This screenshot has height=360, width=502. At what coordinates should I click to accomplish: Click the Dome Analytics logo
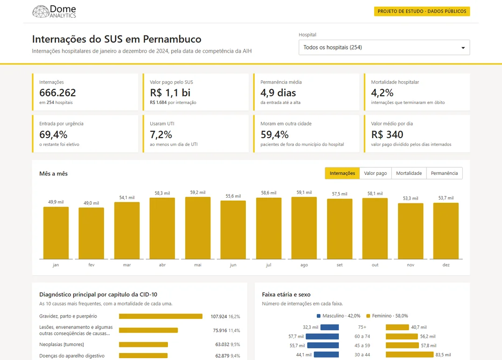point(54,12)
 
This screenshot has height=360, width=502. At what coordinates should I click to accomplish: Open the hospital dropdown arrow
point(463,48)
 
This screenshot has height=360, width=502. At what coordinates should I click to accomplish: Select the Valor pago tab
point(375,173)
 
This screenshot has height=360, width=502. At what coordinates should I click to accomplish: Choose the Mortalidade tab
point(409,173)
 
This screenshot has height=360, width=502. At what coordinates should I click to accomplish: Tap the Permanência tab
point(444,173)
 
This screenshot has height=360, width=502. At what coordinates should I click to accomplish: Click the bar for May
point(198,228)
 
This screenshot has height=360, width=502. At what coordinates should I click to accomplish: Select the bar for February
point(91,233)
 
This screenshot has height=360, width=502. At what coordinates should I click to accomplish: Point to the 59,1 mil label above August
point(304,192)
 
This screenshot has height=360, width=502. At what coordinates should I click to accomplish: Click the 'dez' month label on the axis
point(446,265)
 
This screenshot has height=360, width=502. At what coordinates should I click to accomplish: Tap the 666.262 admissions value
point(58,93)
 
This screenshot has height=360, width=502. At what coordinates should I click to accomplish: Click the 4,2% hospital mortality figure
point(382,93)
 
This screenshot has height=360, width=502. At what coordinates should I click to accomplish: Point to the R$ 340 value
point(387,134)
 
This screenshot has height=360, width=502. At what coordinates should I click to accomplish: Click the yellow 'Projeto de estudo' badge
point(422,11)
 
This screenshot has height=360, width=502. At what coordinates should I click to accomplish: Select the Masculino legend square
point(319,316)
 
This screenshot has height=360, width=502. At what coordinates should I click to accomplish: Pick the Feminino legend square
point(368,316)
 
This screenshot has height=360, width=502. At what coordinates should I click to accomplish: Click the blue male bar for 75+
point(329,327)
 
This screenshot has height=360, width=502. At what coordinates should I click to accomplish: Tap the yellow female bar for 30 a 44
point(410,354)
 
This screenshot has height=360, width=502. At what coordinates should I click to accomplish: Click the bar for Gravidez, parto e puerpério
point(160,317)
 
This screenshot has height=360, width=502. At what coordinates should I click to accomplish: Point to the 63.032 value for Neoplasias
point(222,345)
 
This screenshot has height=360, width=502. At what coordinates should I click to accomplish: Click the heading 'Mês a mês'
point(54,173)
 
